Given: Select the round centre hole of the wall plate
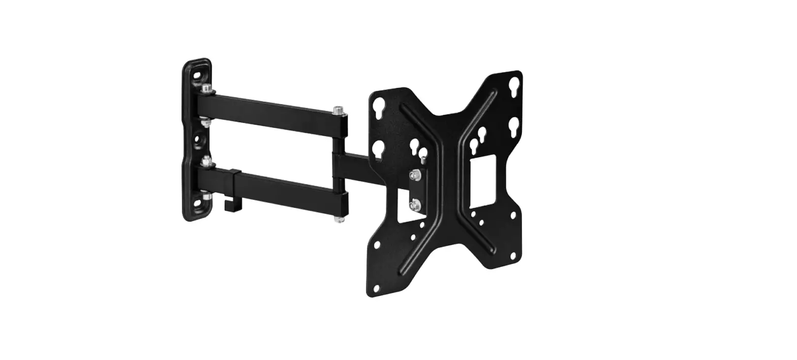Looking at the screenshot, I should tap(196, 138).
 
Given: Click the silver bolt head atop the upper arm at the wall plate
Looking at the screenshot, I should tap(205, 88).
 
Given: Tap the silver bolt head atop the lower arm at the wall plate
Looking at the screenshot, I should tap(206, 161).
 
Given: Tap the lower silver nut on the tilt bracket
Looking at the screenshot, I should tap(415, 204).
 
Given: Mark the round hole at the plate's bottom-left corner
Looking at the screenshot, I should tap(377, 288).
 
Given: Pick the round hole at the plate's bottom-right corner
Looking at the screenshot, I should tap(514, 255).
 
